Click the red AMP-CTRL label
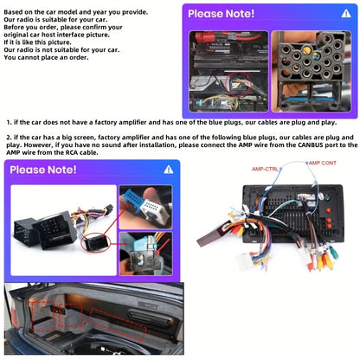click(265, 169)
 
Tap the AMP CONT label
click(322, 163)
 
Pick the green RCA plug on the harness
click(334, 253)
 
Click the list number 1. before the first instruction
click(10, 122)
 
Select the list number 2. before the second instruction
click(10, 138)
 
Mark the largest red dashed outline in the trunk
click(117, 324)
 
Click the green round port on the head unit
click(328, 198)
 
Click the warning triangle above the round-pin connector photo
click(346, 14)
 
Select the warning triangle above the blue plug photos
click(169, 170)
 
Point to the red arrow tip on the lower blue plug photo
click(156, 254)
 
